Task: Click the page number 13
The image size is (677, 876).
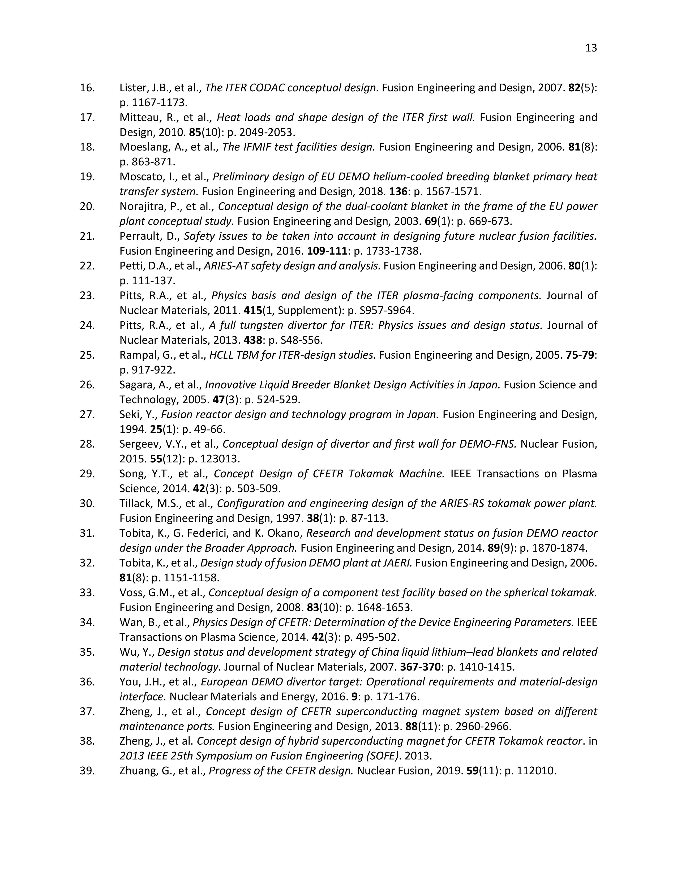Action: (591, 48)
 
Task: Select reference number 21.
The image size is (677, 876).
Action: (87, 236)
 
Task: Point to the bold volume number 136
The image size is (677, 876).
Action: (397, 192)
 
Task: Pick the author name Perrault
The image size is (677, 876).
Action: (138, 236)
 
